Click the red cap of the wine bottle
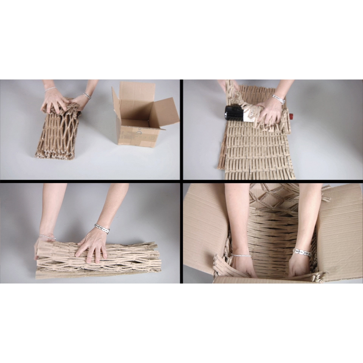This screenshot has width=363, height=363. pyautogui.click(x=290, y=116)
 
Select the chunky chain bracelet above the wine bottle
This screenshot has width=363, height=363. pyautogui.click(x=278, y=99)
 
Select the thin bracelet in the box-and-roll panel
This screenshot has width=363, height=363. pyautogui.click(x=50, y=89)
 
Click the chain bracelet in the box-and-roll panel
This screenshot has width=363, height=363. pyautogui.click(x=86, y=95)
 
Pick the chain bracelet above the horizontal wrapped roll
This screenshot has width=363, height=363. pyautogui.click(x=102, y=229)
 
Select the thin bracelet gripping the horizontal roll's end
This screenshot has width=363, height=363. pyautogui.click(x=47, y=237)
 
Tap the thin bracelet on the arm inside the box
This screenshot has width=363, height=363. pyautogui.click(x=241, y=256)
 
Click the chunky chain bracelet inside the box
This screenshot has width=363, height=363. pyautogui.click(x=302, y=252)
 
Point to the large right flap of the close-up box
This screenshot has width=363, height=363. pyautogui.click(x=339, y=232)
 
